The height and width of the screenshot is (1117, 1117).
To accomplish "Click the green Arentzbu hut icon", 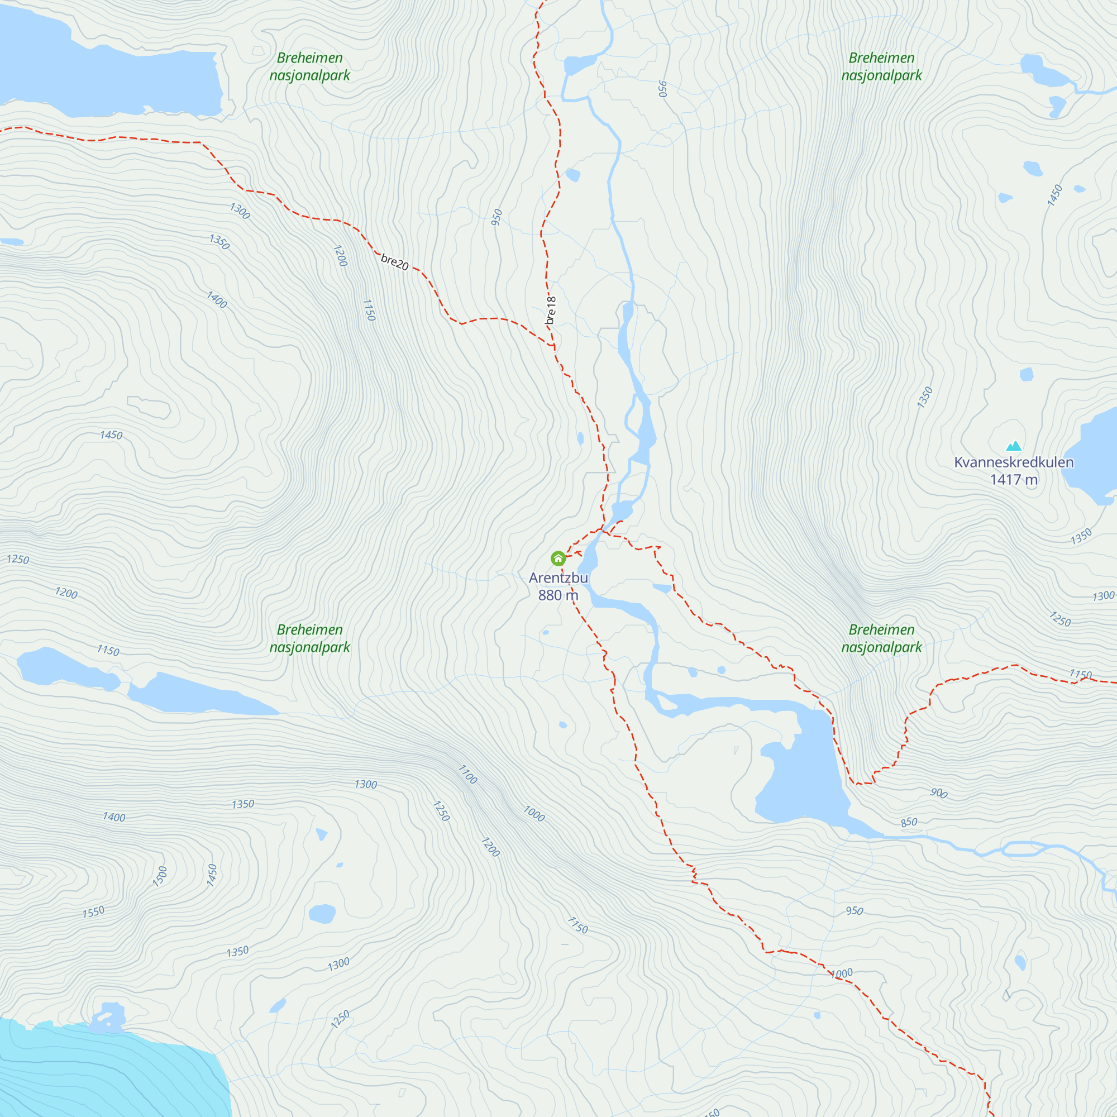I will (x=558, y=558).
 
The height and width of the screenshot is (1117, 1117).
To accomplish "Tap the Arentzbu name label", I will (x=558, y=577).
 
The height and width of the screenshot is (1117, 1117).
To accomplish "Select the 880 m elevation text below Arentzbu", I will (x=558, y=595).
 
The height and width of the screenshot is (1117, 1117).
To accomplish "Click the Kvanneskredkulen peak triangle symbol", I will (x=1014, y=446).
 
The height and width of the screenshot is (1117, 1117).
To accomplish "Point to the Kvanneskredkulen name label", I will (x=1014, y=462).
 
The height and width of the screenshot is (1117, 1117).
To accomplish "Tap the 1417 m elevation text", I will (x=1014, y=479).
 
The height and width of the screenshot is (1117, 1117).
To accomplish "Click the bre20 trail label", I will (x=395, y=262).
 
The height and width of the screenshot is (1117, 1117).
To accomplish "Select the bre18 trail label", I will (x=551, y=311).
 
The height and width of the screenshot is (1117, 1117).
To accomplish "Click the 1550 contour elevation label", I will (x=93, y=913).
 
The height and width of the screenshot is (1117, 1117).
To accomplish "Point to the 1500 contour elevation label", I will (x=160, y=876).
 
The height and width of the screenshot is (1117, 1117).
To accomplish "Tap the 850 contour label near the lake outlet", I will (x=909, y=822).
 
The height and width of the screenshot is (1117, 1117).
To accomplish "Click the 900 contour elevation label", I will (x=938, y=793).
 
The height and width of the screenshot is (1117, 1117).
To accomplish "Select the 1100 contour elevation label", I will (x=467, y=775).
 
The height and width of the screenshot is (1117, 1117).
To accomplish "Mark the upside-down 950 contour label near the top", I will (x=662, y=88).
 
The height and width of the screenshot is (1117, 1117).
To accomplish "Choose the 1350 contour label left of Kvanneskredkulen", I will (x=925, y=397).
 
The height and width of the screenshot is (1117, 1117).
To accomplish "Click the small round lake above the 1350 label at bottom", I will (x=322, y=914).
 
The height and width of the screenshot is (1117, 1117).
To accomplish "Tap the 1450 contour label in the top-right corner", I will (x=1054, y=195).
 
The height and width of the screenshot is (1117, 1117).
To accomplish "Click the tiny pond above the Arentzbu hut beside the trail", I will (x=580, y=439).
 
